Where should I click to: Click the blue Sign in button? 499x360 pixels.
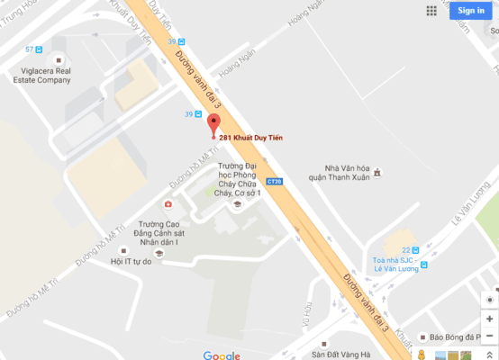(x=471, y=11)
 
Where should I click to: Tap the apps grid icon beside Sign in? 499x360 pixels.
(x=432, y=11)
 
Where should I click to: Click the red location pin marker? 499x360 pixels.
(x=213, y=125)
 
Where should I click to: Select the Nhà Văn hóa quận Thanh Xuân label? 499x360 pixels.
(x=349, y=176)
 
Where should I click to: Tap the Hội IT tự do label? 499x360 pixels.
(x=131, y=262)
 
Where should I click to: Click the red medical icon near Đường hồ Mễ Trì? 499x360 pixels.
(x=168, y=205)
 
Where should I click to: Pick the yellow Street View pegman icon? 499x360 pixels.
(x=426, y=355)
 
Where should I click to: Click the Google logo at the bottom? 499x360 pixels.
(x=221, y=355)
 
